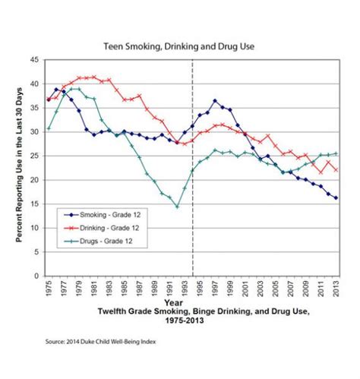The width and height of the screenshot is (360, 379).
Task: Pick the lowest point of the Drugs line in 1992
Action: coord(177,207)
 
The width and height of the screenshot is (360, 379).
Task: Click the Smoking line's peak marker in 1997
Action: coord(215,101)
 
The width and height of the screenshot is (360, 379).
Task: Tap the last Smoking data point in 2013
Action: coord(336,197)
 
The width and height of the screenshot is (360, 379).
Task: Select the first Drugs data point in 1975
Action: coord(49,128)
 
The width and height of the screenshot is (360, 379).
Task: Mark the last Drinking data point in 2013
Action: coord(336,169)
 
